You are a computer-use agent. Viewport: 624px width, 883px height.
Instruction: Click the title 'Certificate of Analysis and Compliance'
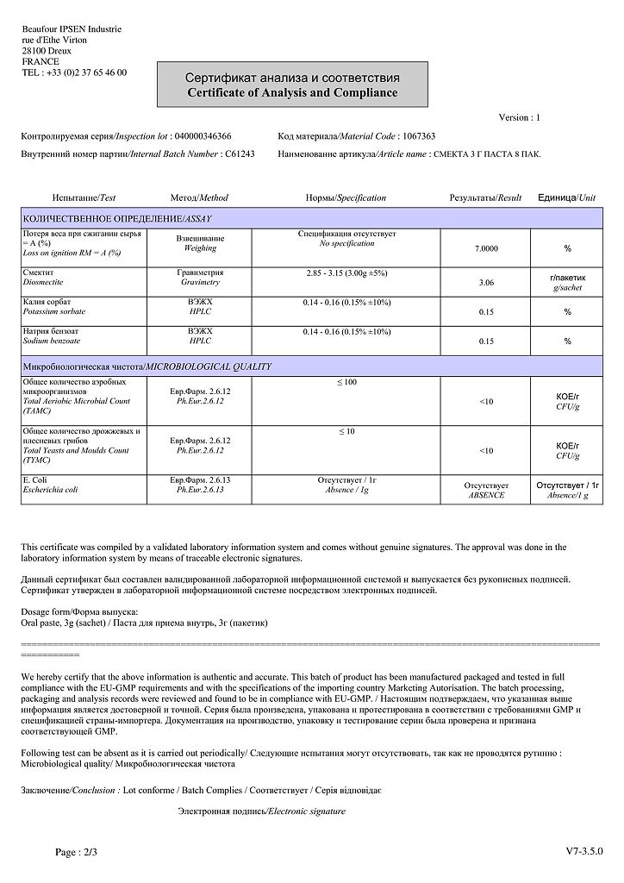292,92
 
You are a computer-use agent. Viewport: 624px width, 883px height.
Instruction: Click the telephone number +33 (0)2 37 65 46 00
85,72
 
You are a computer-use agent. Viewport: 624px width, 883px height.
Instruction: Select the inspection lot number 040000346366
203,136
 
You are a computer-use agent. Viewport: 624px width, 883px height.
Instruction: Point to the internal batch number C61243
240,153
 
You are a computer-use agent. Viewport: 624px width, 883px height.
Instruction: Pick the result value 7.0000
486,248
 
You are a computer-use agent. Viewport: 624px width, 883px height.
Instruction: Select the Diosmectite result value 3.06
486,282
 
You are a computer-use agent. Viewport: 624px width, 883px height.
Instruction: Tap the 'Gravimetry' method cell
200,282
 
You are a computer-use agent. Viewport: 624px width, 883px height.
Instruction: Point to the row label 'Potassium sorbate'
54,311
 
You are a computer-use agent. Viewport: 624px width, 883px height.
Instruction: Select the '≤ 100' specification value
346,381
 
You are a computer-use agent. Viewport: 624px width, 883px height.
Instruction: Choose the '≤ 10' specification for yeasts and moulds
346,431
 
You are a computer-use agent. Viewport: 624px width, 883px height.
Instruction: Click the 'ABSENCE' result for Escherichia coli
486,496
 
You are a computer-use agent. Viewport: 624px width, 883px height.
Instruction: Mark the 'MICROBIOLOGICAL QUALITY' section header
208,366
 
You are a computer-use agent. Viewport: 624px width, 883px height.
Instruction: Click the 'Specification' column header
361,198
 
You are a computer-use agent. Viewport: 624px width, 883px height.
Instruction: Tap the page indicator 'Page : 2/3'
78,852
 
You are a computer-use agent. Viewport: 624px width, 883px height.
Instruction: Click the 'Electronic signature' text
306,811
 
